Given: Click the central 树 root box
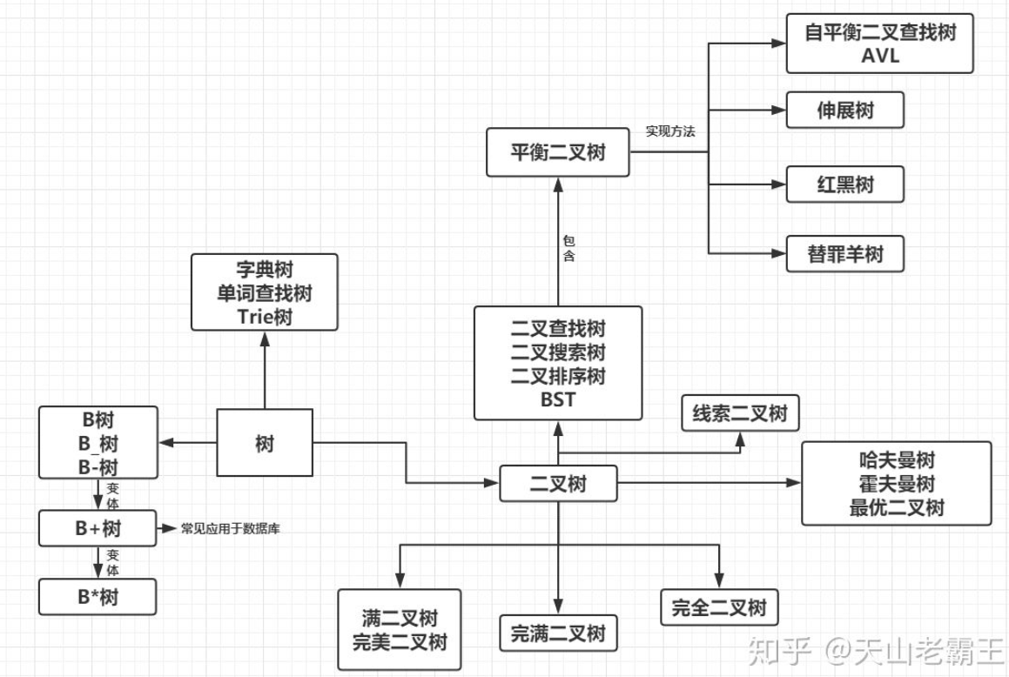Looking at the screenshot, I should (265, 443).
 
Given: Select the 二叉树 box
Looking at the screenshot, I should (558, 483).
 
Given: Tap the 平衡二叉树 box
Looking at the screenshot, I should (558, 152).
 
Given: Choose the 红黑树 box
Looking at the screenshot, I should (845, 184).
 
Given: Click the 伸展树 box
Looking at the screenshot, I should (845, 111).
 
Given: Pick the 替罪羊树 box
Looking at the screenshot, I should (845, 253).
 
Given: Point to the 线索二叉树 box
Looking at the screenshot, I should (739, 412).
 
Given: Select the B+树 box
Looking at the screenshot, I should (98, 527).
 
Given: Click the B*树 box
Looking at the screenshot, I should (98, 598).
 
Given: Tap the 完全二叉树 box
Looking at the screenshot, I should (718, 607).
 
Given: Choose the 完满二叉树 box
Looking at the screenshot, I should (558, 633).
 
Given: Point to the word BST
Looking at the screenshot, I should (558, 399).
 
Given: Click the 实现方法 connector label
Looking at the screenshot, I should (670, 132).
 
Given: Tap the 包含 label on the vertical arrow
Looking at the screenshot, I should (568, 248).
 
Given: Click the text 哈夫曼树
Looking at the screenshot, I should (896, 460).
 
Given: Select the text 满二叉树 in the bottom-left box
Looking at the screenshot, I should (400, 619).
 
